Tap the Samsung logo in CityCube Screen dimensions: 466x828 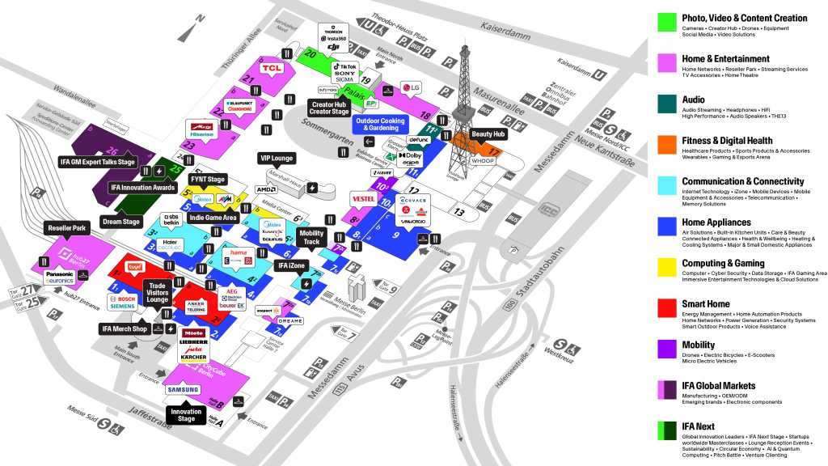[184, 389]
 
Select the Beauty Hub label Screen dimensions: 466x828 [488, 133]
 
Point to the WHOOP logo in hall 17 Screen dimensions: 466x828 [484, 161]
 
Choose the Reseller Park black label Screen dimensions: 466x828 [67, 229]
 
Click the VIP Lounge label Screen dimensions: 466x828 [276, 159]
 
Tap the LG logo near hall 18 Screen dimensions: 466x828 [412, 88]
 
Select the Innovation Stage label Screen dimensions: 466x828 [186, 415]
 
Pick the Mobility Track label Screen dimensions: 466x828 [312, 237]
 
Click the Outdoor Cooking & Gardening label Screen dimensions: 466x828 [380, 125]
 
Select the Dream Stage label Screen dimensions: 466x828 [120, 222]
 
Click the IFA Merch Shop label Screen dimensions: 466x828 [124, 328]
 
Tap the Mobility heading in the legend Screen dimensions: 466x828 [699, 345]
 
